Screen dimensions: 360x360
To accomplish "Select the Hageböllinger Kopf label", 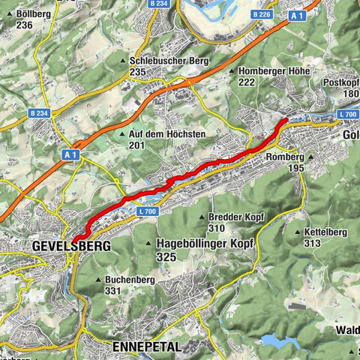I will (205, 244).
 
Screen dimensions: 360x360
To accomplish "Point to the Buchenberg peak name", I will (124, 280).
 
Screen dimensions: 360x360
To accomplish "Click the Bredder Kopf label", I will (231, 217).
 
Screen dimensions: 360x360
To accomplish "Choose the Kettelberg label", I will (325, 232).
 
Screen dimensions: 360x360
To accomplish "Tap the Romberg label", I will (285, 157).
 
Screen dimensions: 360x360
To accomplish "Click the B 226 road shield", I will (261, 13).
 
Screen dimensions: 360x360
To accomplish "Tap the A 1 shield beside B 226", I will (296, 14).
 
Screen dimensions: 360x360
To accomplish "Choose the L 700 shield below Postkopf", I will (348, 113).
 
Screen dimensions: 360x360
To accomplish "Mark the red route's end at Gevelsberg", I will (75, 259).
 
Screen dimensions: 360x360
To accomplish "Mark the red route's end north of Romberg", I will (286, 121).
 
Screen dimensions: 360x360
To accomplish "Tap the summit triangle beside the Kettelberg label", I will (298, 232).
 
